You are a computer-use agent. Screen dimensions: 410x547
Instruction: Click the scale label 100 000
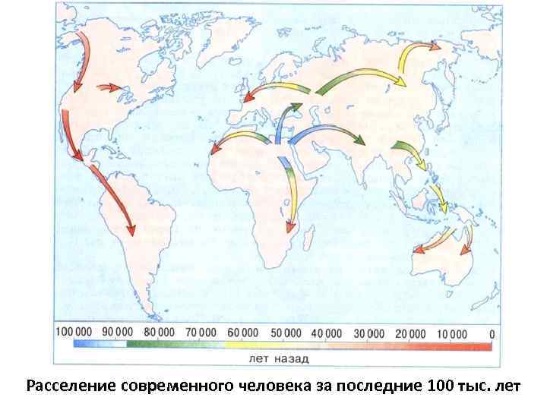(74, 333)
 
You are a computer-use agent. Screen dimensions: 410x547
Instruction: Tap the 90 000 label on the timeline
(119, 333)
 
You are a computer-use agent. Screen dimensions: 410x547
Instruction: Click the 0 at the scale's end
(492, 333)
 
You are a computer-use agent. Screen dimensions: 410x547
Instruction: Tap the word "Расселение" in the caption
(71, 385)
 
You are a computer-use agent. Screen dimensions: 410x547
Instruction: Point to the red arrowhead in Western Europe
(246, 99)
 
